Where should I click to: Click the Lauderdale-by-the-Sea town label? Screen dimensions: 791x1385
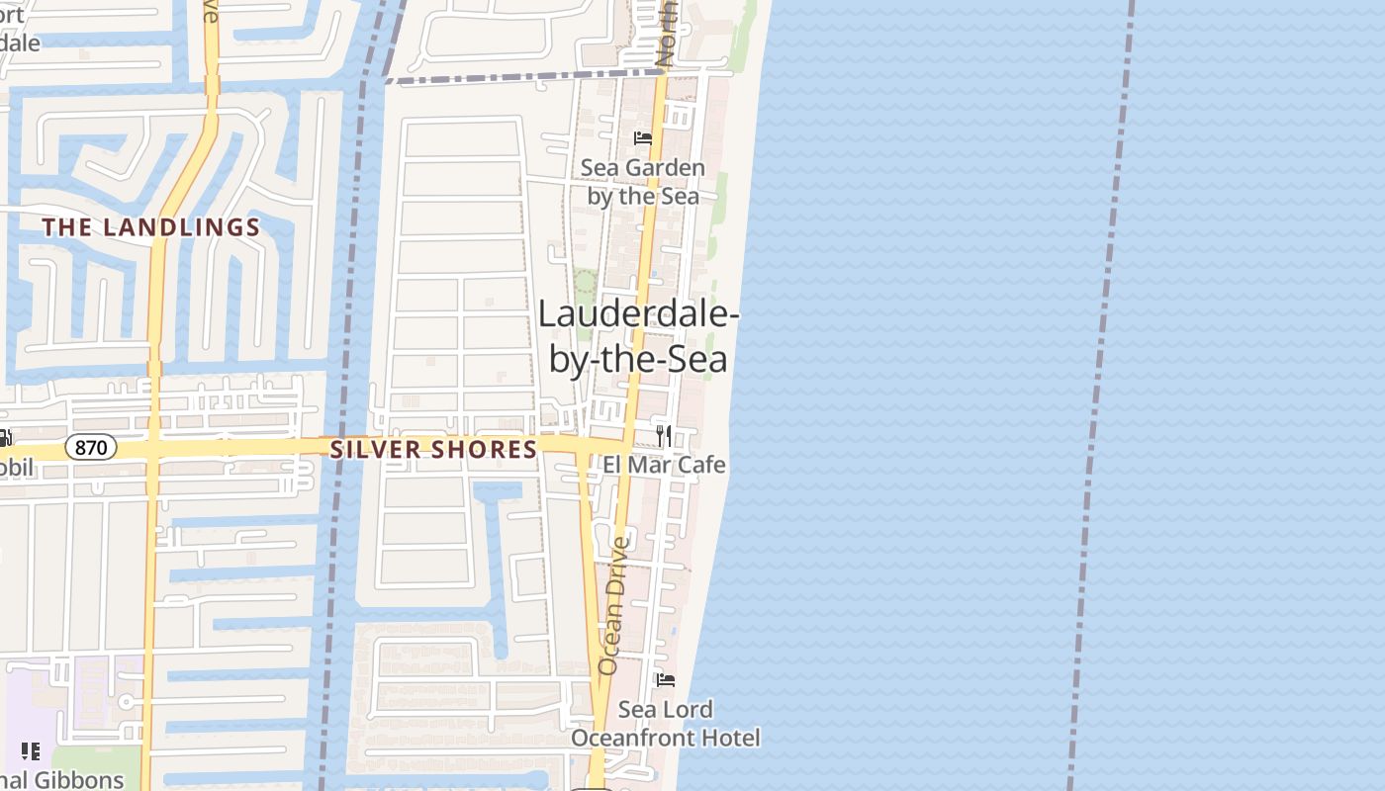[x=638, y=336]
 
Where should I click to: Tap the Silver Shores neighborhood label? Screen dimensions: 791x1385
[x=433, y=450]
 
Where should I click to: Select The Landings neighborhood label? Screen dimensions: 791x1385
[x=151, y=227]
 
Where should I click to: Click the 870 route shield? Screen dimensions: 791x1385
[x=91, y=448]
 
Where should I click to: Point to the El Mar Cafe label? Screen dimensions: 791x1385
[x=664, y=465]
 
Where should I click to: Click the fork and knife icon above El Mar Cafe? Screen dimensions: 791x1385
[x=664, y=435]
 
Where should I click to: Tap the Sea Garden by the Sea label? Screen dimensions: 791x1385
[x=643, y=181]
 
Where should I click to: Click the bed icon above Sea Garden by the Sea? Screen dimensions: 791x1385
[x=643, y=138]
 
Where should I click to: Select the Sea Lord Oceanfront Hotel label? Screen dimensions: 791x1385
[x=666, y=724]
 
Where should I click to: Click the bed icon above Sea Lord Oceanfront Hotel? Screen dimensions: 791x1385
[x=666, y=680]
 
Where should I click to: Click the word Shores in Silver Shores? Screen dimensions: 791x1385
[x=489, y=450]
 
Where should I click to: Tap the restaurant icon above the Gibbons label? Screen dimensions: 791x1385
[x=31, y=751]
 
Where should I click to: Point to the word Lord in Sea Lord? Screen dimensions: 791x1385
[x=692, y=710]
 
